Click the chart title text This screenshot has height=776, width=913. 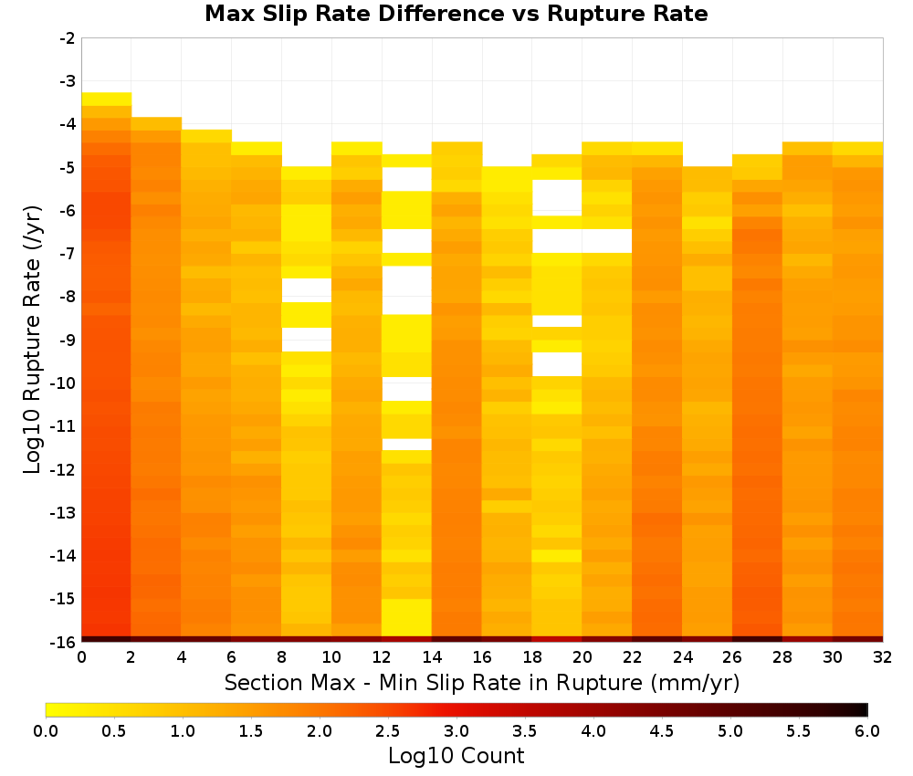456,14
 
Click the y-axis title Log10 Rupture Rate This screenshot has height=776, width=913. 32,340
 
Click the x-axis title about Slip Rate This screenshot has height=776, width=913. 481,682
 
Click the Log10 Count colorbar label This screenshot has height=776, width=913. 456,756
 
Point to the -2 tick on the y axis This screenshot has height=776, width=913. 68,38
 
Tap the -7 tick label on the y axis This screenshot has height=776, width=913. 68,254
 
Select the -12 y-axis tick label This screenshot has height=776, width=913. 64,469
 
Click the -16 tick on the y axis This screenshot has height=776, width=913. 64,642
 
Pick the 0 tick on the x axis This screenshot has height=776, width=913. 81,657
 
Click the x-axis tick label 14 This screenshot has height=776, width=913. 432,657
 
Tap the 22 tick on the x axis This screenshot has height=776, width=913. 632,657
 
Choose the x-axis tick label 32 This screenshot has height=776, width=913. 882,657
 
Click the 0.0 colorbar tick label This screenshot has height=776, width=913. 46,730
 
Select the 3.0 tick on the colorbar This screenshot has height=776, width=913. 456,730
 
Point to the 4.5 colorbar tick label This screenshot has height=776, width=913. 662,730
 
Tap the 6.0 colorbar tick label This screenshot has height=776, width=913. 867,730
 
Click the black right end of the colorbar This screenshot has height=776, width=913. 864,709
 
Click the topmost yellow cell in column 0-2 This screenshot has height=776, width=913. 107,99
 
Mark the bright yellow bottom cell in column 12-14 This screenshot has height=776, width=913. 406,617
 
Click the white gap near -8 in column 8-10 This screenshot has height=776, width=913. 307,290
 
